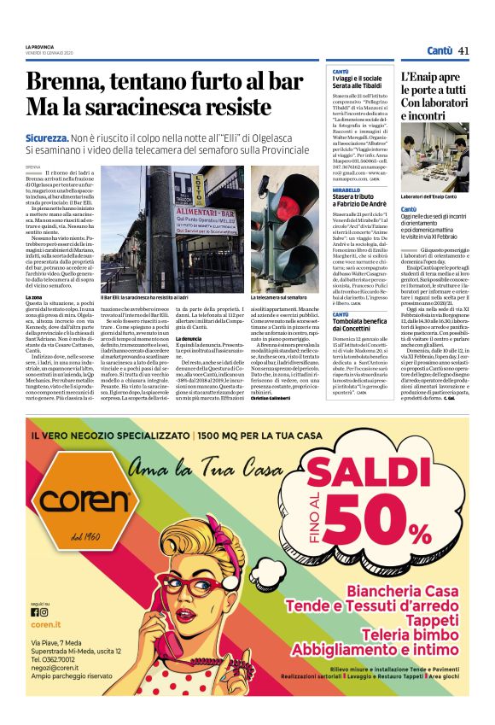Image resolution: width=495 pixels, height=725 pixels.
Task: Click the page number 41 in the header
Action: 463,50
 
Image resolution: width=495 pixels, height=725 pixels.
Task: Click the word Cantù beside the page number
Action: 440,50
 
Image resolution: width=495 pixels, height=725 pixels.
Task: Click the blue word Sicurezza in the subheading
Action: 48,137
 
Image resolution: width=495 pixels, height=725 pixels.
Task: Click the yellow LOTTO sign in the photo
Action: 199,185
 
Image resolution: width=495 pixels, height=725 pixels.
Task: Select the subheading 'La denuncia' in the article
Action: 188,339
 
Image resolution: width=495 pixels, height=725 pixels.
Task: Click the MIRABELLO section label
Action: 346,190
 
